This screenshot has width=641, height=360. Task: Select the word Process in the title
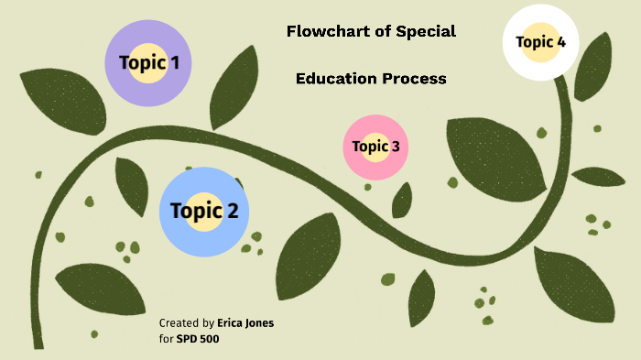pos(415,79)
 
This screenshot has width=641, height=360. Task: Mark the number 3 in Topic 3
pos(395,146)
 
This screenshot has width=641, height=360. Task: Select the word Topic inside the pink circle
pos(370,146)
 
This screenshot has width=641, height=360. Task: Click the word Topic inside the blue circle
pos(196,212)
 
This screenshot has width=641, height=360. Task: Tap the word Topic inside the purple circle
pos(141,63)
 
